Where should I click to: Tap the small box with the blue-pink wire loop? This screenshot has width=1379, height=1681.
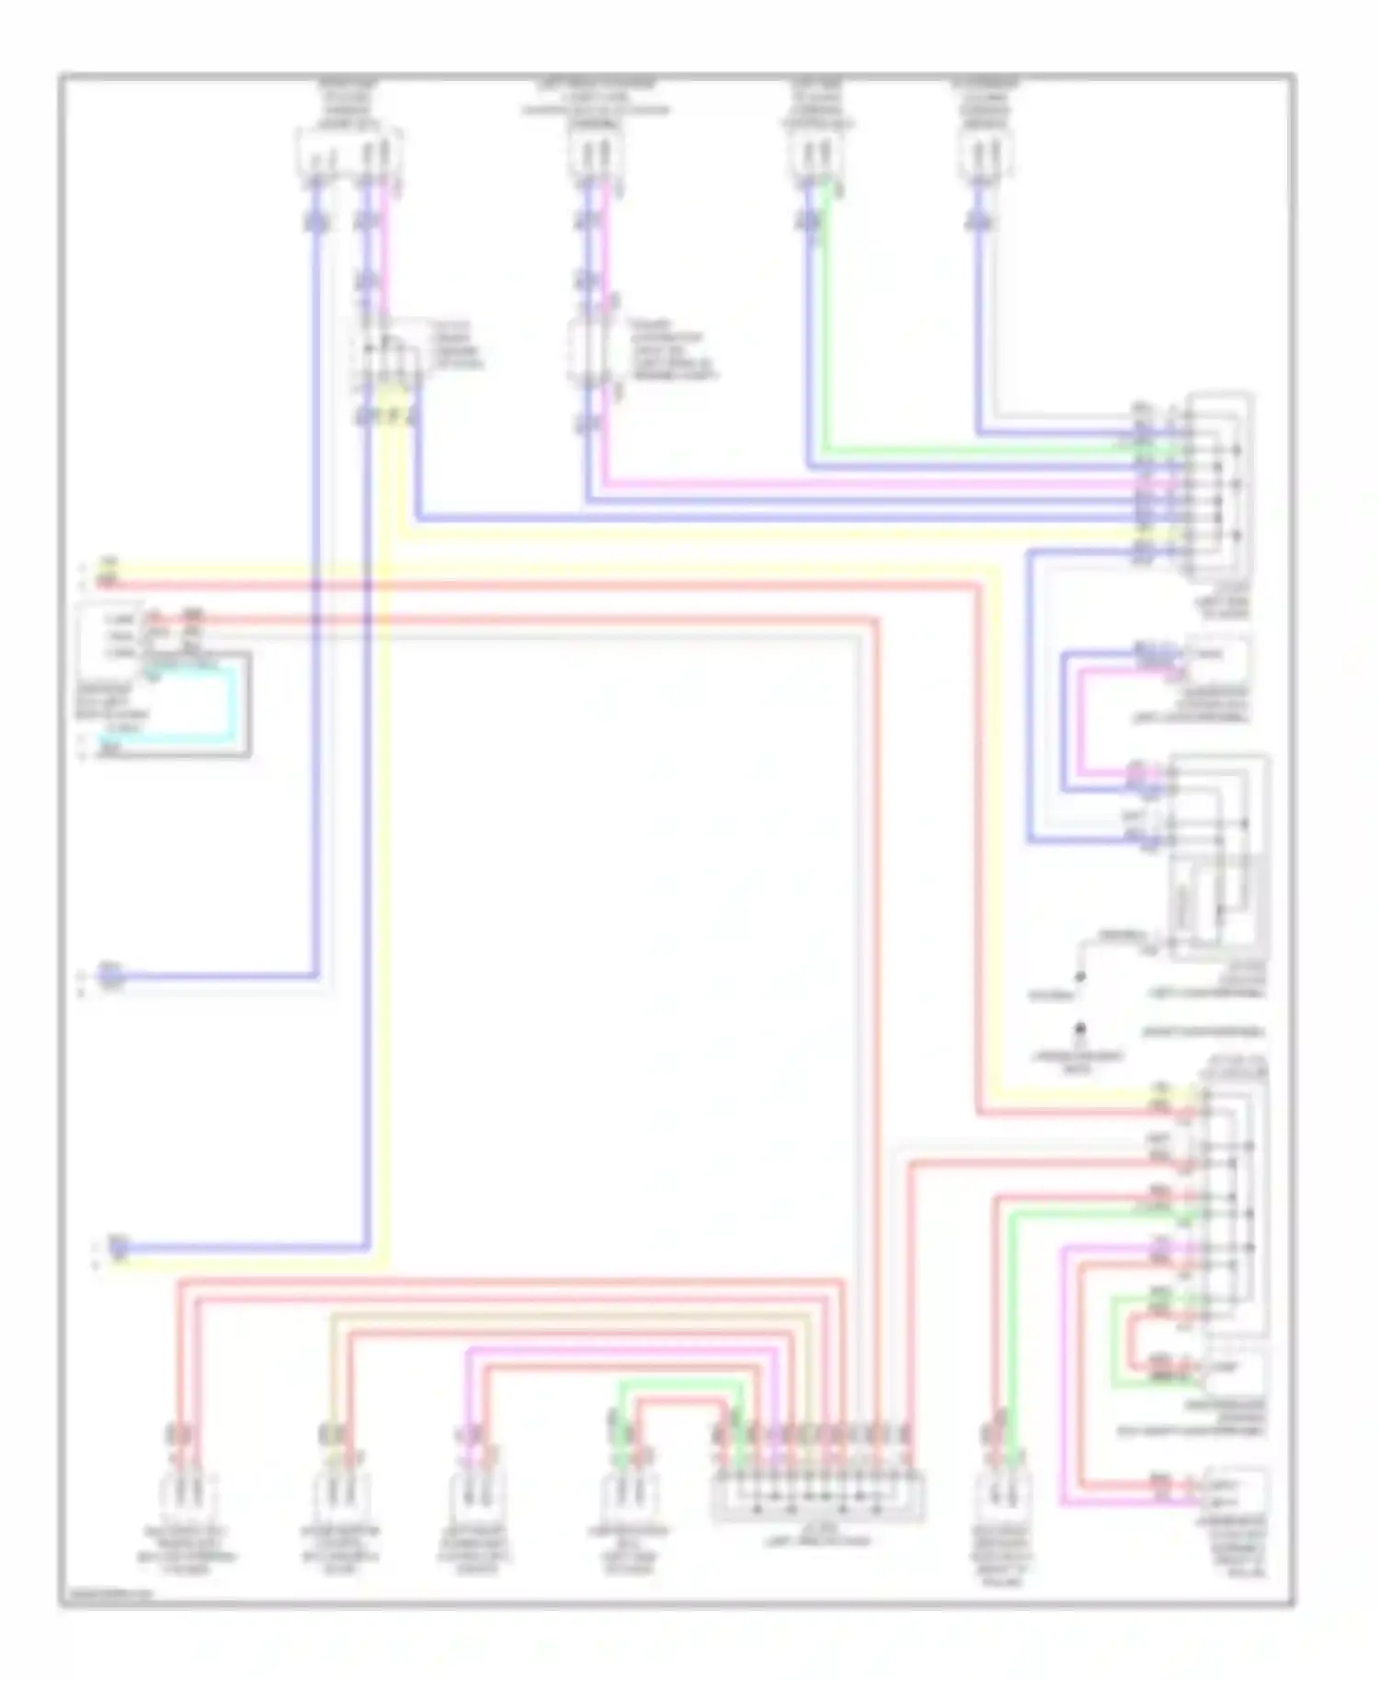tap(1217, 658)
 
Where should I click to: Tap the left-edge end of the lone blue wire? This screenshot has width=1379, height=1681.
tap(108, 975)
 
